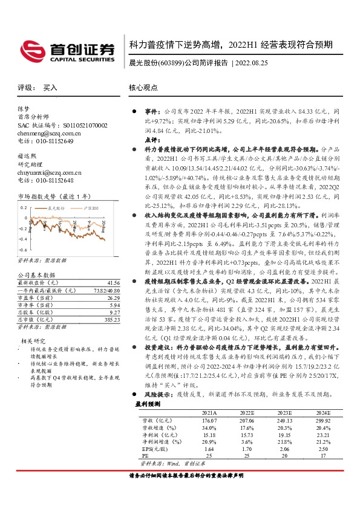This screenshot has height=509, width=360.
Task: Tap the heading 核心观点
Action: [x=143, y=88]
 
